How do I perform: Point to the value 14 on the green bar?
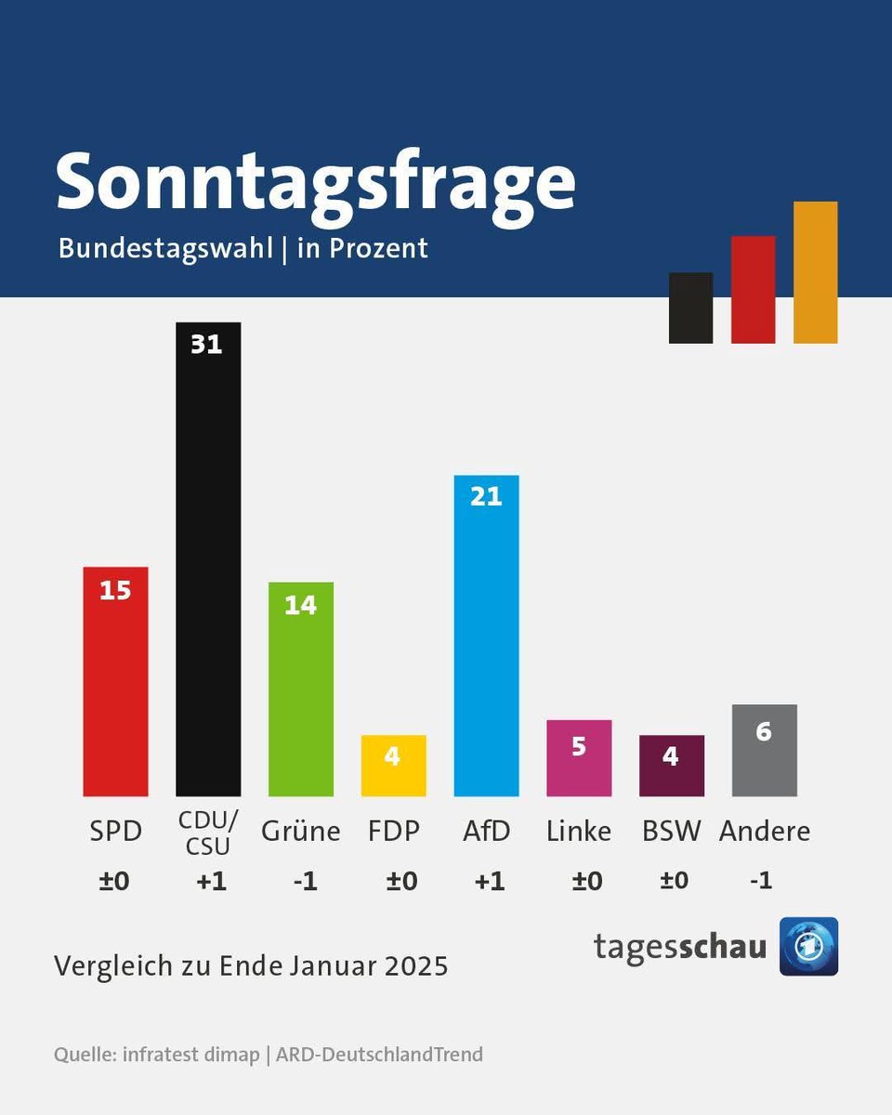pyautogui.click(x=300, y=606)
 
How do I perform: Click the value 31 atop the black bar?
pyautogui.click(x=206, y=345)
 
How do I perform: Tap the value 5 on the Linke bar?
pyautogui.click(x=578, y=746)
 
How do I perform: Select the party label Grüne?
pyautogui.click(x=300, y=831)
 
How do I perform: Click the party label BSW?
pyautogui.click(x=671, y=831)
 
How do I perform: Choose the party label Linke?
pyautogui.click(x=578, y=831)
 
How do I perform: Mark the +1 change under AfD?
pyautogui.click(x=489, y=881)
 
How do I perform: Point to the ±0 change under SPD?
pyautogui.click(x=114, y=881)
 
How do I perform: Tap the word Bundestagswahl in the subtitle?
pyautogui.click(x=165, y=249)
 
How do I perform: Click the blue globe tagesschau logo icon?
pyautogui.click(x=808, y=946)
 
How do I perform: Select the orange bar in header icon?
pyautogui.click(x=815, y=272)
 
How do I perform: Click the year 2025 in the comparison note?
pyautogui.click(x=413, y=966)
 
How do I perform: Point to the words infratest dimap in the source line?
pyautogui.click(x=191, y=1055)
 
